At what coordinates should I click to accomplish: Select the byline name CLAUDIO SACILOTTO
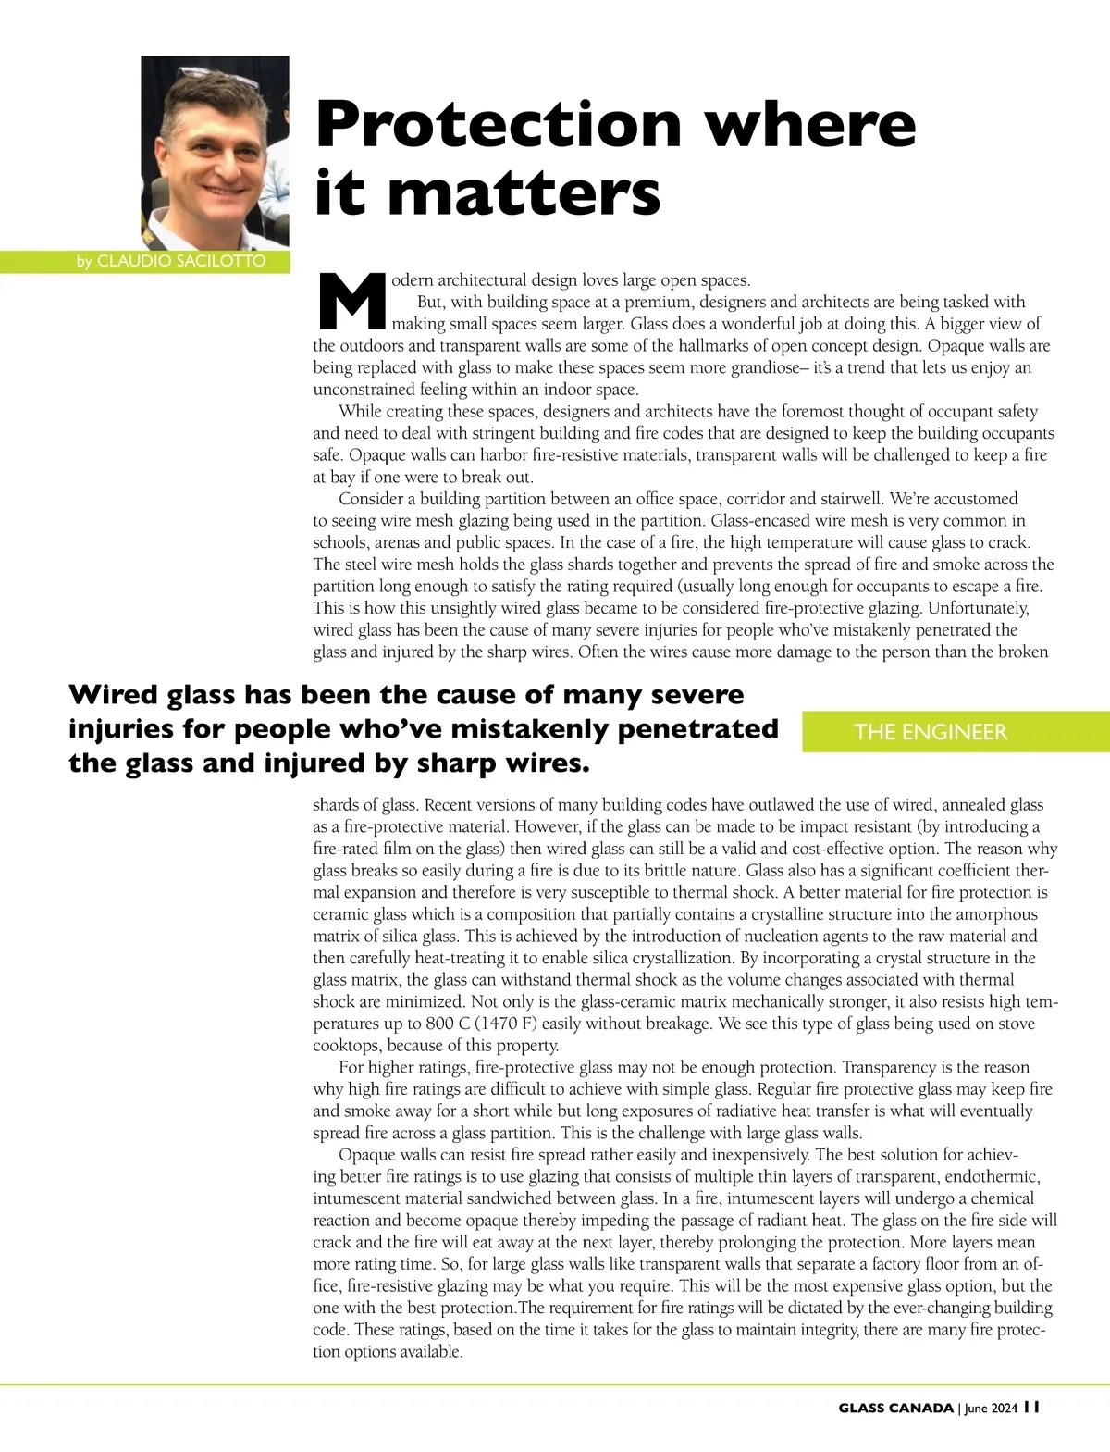(x=181, y=261)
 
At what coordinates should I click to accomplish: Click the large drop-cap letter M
(x=351, y=302)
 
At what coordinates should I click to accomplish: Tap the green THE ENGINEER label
(x=930, y=732)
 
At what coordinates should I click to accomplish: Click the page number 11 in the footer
(x=1032, y=1407)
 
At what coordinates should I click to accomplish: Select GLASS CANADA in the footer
(x=895, y=1408)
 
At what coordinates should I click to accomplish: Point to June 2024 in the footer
(x=991, y=1408)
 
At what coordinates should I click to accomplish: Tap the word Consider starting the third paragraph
(x=371, y=499)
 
